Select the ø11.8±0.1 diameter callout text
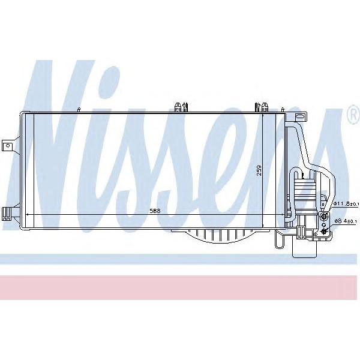pos(346,204)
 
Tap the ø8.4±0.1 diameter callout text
pos(346,221)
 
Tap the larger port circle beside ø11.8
pos(325,215)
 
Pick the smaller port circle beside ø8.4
pos(325,231)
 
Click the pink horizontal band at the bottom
pos(180,287)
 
